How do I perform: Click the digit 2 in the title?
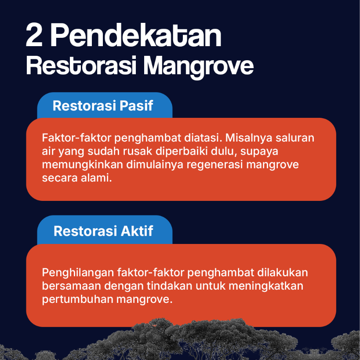35,36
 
